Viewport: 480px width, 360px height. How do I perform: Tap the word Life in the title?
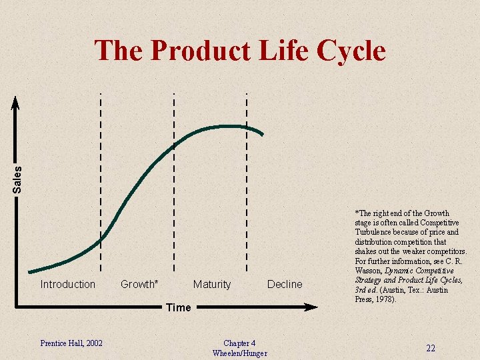(287, 51)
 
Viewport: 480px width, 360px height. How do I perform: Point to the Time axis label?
(178, 307)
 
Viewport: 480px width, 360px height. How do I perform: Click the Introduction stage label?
(68, 285)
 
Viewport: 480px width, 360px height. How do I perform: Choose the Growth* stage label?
(139, 285)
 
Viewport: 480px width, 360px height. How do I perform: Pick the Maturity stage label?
(211, 285)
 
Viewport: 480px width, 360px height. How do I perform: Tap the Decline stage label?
(285, 285)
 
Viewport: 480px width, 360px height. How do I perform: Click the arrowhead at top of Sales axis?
(17, 102)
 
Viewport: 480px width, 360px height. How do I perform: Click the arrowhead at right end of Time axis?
(312, 307)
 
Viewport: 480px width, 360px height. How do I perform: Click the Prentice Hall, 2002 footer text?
(71, 343)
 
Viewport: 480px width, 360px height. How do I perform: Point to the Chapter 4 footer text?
(239, 343)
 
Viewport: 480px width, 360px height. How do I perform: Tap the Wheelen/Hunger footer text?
(239, 353)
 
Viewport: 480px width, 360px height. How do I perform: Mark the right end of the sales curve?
(263, 135)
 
